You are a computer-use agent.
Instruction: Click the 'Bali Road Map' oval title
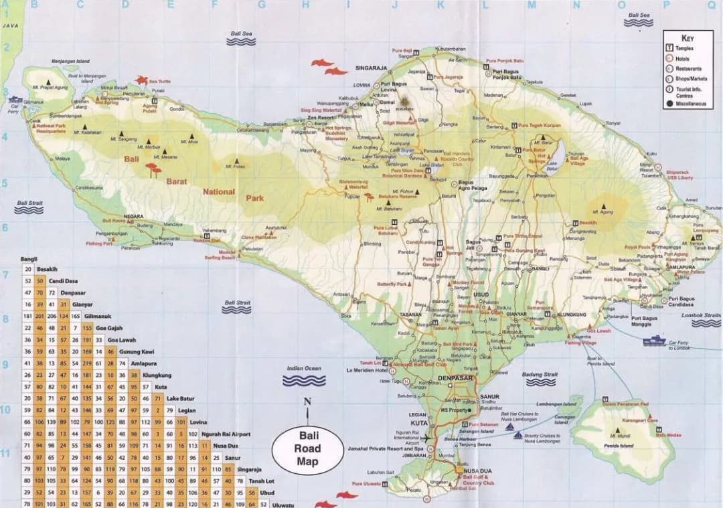pos(309,449)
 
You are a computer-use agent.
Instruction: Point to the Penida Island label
pos(619,445)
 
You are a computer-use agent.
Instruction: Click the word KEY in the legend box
pos(688,38)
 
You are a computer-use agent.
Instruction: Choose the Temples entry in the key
pos(684,48)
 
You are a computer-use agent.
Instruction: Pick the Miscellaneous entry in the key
pos(690,104)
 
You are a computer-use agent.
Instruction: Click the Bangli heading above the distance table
pos(29,258)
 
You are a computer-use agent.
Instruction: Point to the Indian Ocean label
pos(304,368)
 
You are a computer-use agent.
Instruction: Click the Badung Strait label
pos(540,374)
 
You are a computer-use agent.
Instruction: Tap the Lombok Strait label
pos(702,315)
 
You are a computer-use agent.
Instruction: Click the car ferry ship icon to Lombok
pos(654,341)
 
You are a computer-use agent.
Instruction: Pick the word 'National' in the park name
pos(219,191)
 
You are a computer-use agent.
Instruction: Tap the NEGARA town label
pos(134,216)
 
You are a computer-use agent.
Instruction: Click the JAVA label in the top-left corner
pos(10,25)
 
